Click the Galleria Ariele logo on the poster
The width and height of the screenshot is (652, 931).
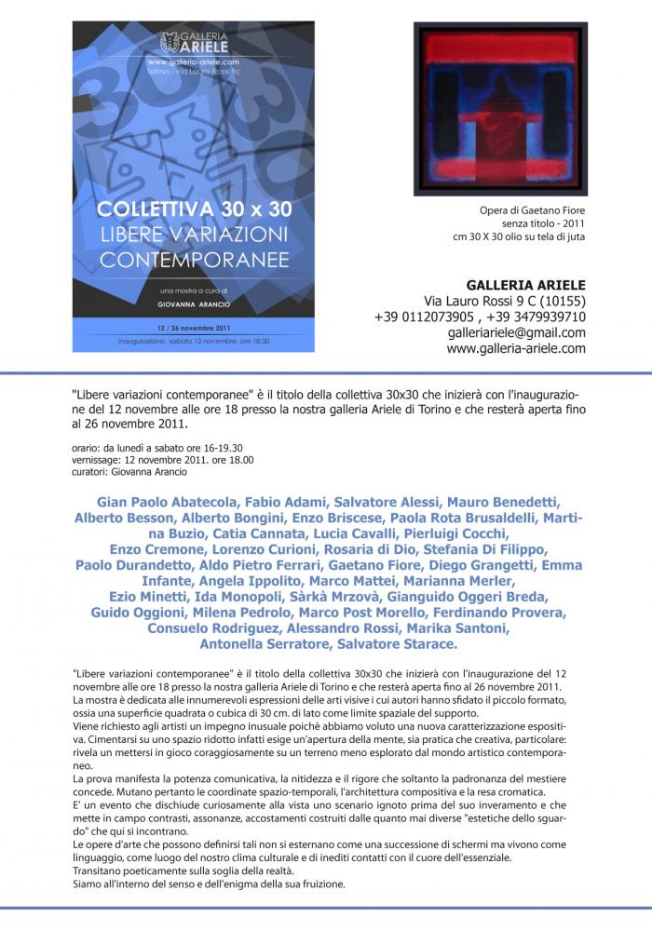(193, 42)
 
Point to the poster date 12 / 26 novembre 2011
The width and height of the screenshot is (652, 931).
(193, 329)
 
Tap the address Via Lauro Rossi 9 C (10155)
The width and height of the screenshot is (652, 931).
(504, 302)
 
